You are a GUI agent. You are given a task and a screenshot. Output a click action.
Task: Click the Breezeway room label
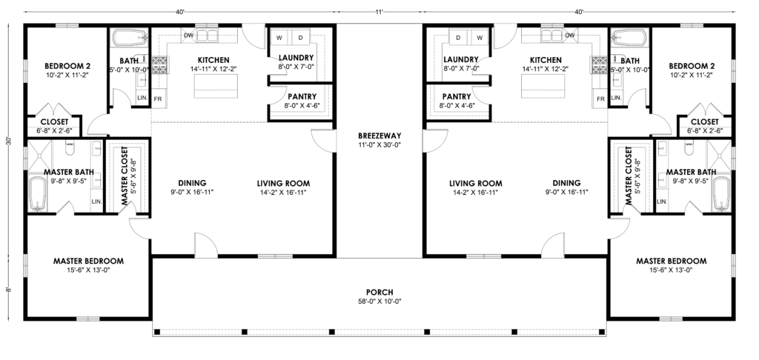379,136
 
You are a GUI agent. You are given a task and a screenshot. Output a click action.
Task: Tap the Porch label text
379,293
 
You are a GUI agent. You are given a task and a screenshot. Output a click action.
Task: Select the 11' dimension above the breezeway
379,12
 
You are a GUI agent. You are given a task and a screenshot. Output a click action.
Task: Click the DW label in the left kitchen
189,36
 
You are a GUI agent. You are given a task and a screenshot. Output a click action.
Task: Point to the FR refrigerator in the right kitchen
600,99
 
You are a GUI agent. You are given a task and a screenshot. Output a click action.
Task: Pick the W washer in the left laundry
279,38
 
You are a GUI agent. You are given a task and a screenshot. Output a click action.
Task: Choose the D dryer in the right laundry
458,38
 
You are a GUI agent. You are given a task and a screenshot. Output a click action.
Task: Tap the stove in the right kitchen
599,64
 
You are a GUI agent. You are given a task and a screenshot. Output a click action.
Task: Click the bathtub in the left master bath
37,194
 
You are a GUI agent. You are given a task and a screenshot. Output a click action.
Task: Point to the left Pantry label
302,97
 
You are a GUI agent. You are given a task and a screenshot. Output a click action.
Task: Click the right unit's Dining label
567,184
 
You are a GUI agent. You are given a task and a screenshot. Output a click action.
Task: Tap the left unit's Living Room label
283,184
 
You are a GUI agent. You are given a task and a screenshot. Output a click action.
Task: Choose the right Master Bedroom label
671,261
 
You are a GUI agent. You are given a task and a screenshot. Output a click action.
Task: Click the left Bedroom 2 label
67,66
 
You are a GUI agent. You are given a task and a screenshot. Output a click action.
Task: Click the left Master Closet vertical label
124,177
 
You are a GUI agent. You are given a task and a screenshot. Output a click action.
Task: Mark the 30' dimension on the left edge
7,141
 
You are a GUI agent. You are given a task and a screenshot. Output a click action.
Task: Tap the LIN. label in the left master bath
96,201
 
